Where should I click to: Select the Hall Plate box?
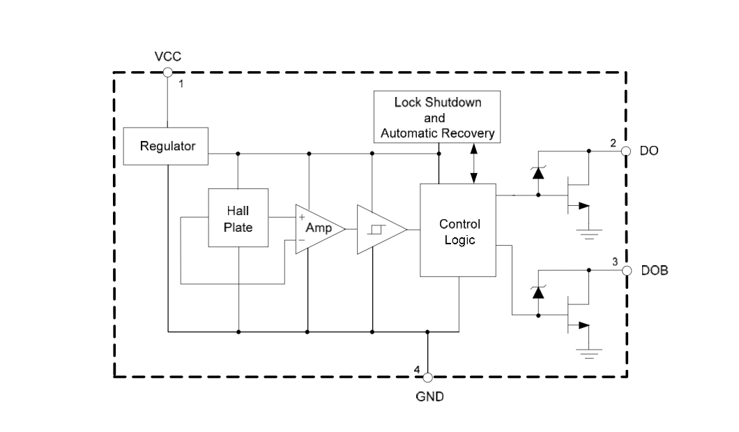point(238,218)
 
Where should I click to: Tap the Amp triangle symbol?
point(317,229)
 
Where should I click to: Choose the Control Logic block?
point(458,230)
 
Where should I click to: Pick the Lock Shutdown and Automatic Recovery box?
point(437,117)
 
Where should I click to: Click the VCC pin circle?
point(167,72)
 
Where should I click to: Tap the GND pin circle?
point(428,377)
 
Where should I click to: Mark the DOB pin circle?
point(626,271)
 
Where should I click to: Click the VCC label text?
point(167,55)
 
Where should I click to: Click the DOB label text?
point(654,271)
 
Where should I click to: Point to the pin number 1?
point(181,84)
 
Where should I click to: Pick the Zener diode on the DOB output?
point(538,292)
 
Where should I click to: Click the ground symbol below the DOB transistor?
point(590,354)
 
